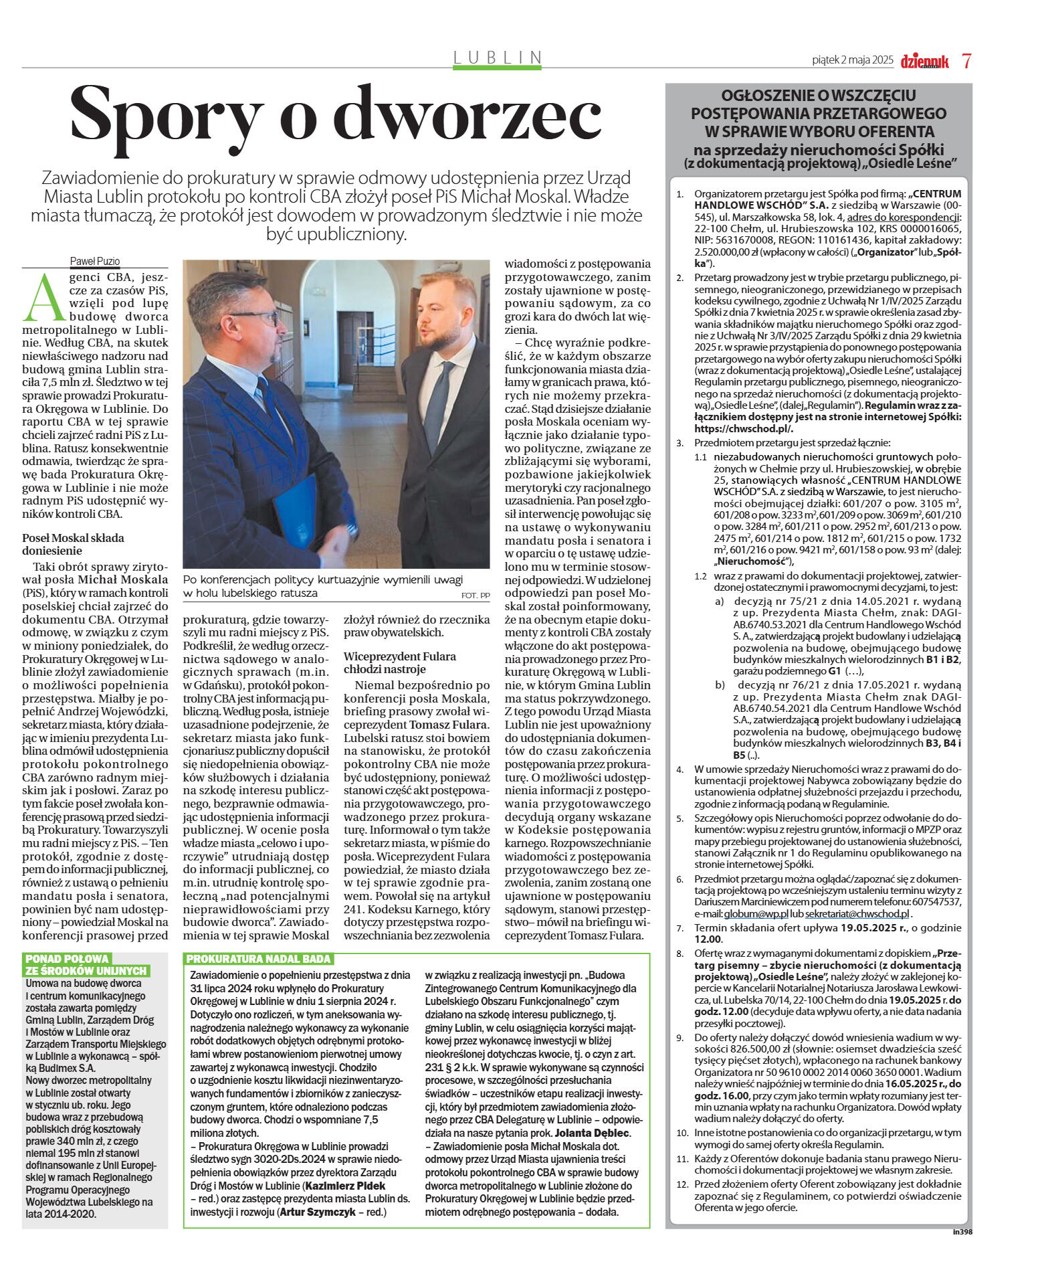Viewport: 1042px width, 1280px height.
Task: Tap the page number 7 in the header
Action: (966, 60)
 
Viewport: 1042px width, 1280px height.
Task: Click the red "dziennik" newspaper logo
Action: (924, 61)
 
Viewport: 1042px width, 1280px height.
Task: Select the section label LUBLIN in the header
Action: (498, 58)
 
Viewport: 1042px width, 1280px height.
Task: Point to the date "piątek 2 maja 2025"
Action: (852, 60)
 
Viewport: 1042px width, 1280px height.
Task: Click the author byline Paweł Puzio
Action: (95, 261)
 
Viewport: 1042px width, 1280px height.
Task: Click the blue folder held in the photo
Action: (295, 512)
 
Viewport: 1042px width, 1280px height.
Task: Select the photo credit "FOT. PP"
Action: (475, 595)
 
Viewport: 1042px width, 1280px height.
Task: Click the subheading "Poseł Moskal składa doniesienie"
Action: (73, 544)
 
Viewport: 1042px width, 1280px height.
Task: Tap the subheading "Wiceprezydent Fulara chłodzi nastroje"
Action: (399, 662)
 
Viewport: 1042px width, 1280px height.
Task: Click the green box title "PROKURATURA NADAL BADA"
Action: (258, 959)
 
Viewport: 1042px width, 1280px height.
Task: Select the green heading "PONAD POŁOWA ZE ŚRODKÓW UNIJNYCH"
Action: (86, 964)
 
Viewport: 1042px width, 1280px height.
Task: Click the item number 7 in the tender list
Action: (680, 928)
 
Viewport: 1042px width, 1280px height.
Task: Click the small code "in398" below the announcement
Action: (962, 1231)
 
